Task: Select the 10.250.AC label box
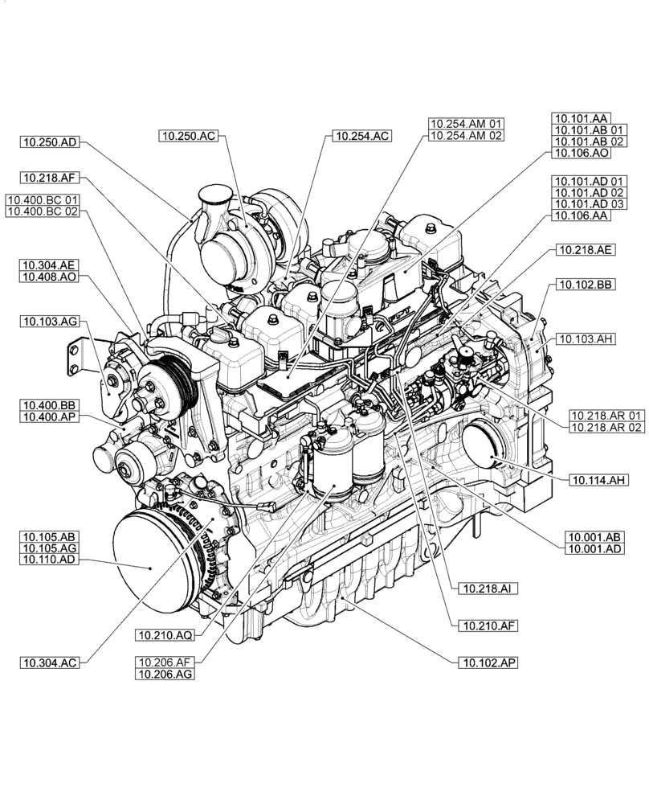pyautogui.click(x=187, y=136)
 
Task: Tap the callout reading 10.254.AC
pyautogui.click(x=358, y=136)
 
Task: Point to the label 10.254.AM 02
pyautogui.click(x=466, y=136)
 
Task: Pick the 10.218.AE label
pyautogui.click(x=584, y=250)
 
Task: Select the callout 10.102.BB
pyautogui.click(x=584, y=285)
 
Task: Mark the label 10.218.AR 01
pyautogui.click(x=606, y=413)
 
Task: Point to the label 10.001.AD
pyautogui.click(x=594, y=548)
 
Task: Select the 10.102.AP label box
pyautogui.click(x=487, y=662)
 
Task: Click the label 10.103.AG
pyautogui.click(x=50, y=322)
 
